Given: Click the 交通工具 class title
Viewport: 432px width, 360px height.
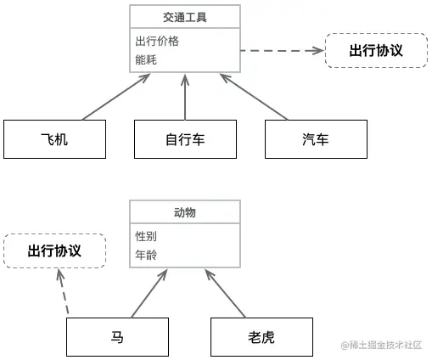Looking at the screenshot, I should pyautogui.click(x=184, y=17).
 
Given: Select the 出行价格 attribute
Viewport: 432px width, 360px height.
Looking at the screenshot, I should pyautogui.click(x=157, y=41).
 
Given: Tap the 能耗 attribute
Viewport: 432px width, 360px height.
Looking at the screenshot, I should pyautogui.click(x=146, y=60).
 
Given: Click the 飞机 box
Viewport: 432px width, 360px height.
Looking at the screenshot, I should pyautogui.click(x=54, y=139).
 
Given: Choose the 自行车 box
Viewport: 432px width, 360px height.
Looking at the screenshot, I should pyautogui.click(x=185, y=139).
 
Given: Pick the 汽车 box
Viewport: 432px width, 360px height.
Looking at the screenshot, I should pyautogui.click(x=315, y=139).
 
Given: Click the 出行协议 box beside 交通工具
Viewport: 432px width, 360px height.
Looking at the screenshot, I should pyautogui.click(x=375, y=51).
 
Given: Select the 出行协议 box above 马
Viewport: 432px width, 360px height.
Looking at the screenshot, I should pyautogui.click(x=54, y=251).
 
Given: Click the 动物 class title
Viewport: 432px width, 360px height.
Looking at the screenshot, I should pyautogui.click(x=184, y=212).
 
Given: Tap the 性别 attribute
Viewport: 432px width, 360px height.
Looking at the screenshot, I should pyautogui.click(x=146, y=236).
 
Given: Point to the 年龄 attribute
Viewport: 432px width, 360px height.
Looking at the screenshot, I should pyautogui.click(x=146, y=255).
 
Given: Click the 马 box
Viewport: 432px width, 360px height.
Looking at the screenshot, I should pyautogui.click(x=117, y=337).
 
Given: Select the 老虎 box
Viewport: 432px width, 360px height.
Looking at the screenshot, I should pyautogui.click(x=261, y=337).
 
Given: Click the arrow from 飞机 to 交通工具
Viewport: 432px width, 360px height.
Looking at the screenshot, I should pyautogui.click(x=115, y=97).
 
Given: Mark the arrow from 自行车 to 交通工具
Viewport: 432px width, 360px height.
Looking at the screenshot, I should pyautogui.click(x=185, y=97).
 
